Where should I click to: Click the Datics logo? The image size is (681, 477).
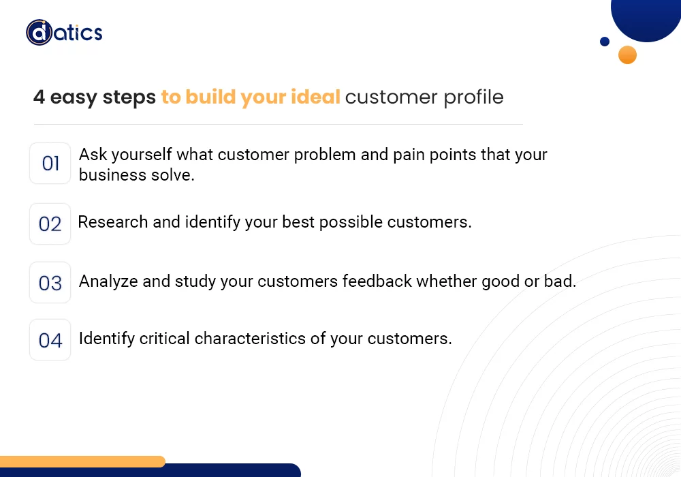coord(64,33)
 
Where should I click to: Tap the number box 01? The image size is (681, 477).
coord(50,164)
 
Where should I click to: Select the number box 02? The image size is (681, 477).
coord(50,224)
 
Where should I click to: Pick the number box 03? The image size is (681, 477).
coord(50,282)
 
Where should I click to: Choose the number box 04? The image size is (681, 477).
coord(50,340)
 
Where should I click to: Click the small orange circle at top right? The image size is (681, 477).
coord(627,55)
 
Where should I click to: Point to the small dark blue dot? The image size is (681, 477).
coord(605,42)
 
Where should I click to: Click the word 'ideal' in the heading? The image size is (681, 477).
coord(315,97)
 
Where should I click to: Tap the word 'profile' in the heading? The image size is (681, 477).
coord(473,97)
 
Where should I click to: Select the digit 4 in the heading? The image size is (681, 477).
coord(39,97)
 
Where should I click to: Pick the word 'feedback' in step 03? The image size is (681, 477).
coord(377,281)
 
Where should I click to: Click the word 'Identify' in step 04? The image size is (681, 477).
coord(107,339)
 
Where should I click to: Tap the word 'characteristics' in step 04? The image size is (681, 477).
coord(250,339)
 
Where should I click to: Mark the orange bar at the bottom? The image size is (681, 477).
coord(82,461)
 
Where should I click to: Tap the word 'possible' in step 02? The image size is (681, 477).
coord(351,223)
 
